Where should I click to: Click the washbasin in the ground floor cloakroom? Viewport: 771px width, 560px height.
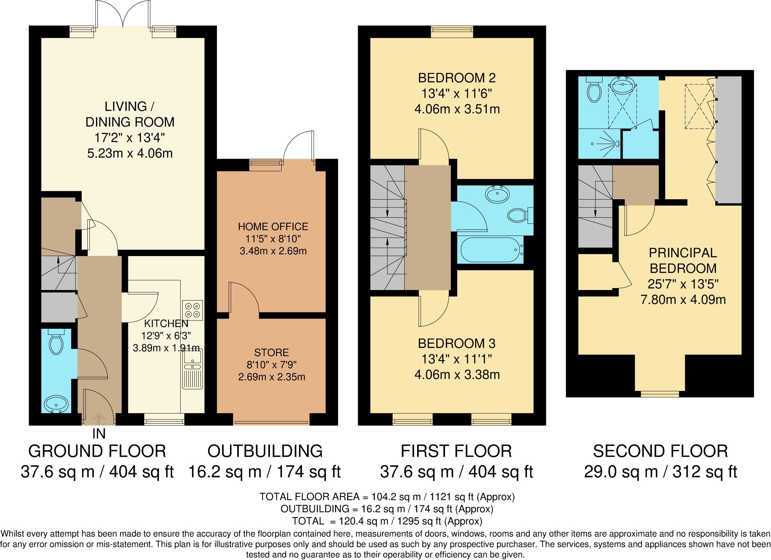pyautogui.click(x=56, y=405)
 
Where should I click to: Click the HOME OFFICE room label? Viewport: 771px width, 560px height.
pyautogui.click(x=273, y=226)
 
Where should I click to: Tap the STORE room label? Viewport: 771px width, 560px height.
pyautogui.click(x=271, y=352)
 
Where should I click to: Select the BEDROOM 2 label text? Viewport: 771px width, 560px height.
pyautogui.click(x=457, y=78)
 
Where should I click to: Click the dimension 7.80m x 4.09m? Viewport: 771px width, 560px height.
pyautogui.click(x=683, y=300)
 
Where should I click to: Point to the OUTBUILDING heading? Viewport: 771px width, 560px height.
pyautogui.click(x=265, y=451)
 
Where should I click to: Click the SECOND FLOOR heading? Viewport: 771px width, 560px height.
pyautogui.click(x=660, y=451)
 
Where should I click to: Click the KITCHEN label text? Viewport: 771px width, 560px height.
pyautogui.click(x=166, y=323)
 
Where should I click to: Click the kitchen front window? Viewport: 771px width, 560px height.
pyautogui.click(x=164, y=419)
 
